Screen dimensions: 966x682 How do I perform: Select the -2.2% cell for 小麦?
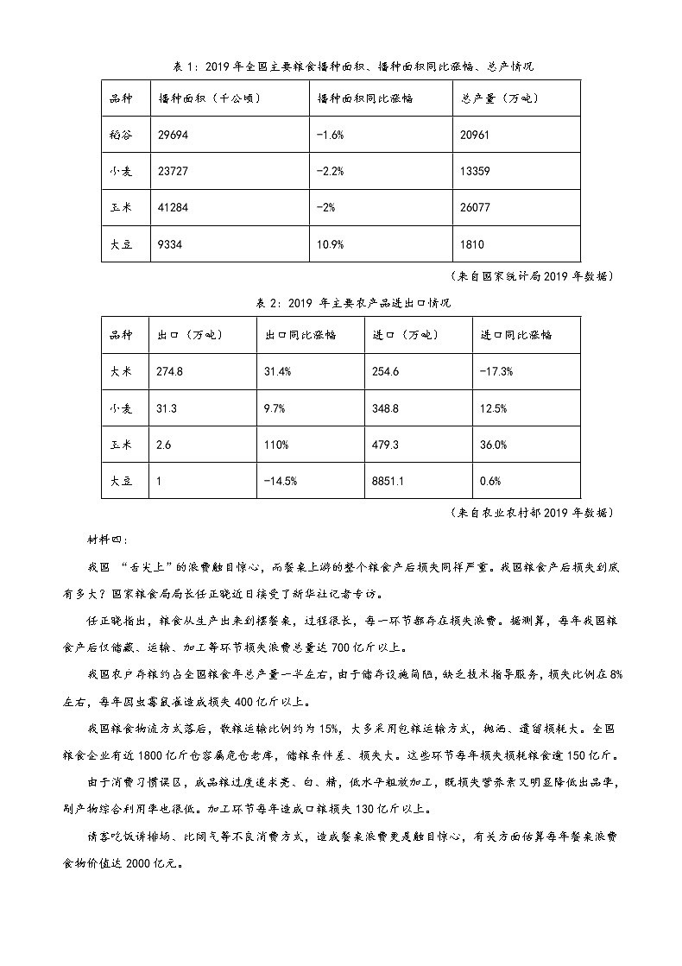[x=332, y=171]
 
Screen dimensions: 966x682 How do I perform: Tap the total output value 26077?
[x=477, y=208]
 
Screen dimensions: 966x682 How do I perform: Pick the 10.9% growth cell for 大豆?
[x=331, y=245]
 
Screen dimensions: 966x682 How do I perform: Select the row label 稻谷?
[x=121, y=135]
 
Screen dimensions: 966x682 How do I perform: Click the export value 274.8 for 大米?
[x=170, y=370]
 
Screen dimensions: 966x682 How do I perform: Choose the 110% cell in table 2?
[x=276, y=444]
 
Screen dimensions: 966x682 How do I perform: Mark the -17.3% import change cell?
[x=496, y=370]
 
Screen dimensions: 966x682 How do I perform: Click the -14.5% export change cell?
[x=281, y=481]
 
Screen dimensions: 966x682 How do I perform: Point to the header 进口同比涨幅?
[x=515, y=334]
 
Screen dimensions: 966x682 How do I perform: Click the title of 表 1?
[x=340, y=66]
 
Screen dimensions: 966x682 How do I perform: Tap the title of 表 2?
[x=341, y=303]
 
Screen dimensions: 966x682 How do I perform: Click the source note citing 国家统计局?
[x=533, y=276]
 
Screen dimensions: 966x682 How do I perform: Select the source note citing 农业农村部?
[x=533, y=512]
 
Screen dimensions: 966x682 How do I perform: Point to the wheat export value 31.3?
[x=167, y=407]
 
